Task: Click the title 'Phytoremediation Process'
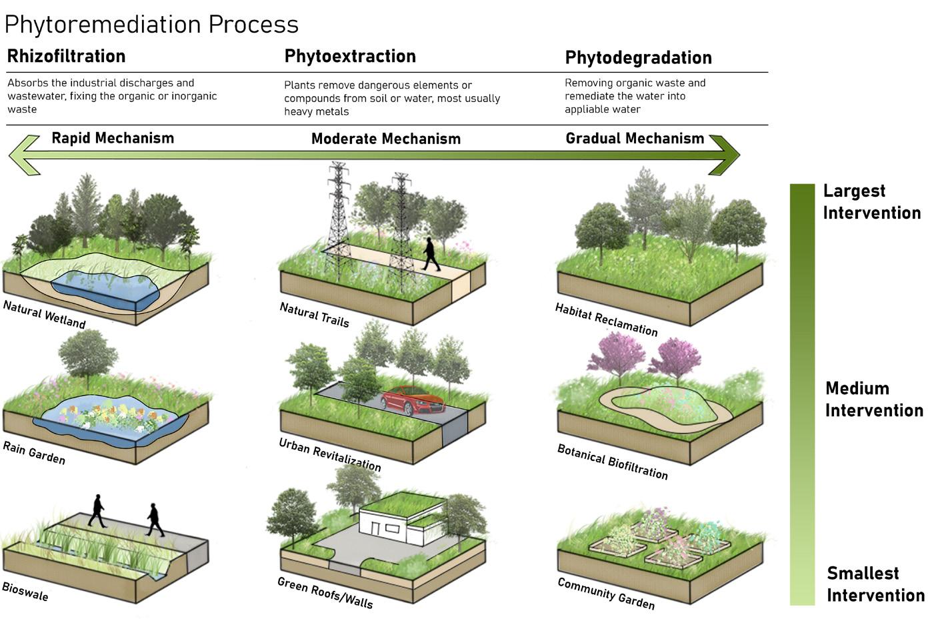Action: pyautogui.click(x=151, y=25)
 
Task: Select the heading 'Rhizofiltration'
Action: pyautogui.click(x=66, y=56)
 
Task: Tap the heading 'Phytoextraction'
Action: pyautogui.click(x=350, y=56)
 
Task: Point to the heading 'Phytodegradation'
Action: pyautogui.click(x=638, y=58)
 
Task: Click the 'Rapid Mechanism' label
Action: pyautogui.click(x=113, y=138)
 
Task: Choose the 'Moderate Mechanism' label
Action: pyautogui.click(x=386, y=139)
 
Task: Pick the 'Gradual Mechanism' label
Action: pyautogui.click(x=635, y=138)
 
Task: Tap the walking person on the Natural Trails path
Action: pyautogui.click(x=431, y=255)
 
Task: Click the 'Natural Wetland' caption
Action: pyautogui.click(x=45, y=314)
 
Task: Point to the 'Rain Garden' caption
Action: pyautogui.click(x=34, y=453)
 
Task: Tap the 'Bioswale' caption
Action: pyautogui.click(x=25, y=591)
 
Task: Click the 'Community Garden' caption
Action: pyautogui.click(x=606, y=593)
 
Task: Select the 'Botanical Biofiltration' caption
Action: pyautogui.click(x=612, y=462)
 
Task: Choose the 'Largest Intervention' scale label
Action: pyautogui.click(x=871, y=201)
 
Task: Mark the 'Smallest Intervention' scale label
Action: pyautogui.click(x=875, y=584)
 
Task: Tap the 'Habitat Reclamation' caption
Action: pyautogui.click(x=606, y=320)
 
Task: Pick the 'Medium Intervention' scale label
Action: pyautogui.click(x=874, y=399)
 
